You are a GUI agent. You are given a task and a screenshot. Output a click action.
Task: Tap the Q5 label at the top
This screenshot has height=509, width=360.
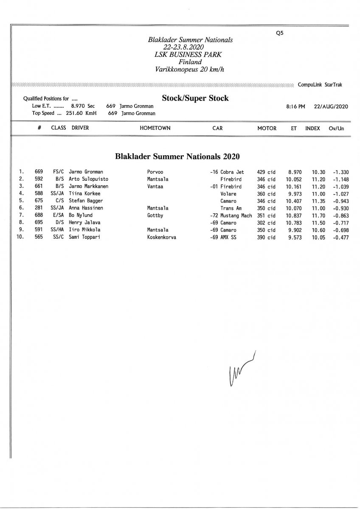point(279,33)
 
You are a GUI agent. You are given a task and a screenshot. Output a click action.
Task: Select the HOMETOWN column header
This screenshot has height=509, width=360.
point(155,128)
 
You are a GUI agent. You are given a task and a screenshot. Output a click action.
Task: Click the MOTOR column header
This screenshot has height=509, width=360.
point(267,128)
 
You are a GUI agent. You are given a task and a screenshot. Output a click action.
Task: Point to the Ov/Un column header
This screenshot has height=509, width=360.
point(336,128)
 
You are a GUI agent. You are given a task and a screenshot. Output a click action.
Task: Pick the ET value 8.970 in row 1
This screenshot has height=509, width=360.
point(295,172)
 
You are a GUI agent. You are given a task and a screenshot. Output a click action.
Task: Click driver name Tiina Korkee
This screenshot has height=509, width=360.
point(84,193)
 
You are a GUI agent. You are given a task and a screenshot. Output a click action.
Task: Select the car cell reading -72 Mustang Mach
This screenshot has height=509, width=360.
point(231,215)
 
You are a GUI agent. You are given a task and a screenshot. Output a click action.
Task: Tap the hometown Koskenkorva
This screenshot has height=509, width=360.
point(161,238)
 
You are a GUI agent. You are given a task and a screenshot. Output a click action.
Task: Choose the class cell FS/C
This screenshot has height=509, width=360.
point(58,172)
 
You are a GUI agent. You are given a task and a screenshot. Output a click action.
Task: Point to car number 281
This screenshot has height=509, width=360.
point(39,208)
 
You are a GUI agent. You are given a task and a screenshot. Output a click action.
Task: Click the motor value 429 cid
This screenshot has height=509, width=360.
point(266,172)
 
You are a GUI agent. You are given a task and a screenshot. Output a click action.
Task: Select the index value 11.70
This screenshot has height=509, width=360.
point(318,215)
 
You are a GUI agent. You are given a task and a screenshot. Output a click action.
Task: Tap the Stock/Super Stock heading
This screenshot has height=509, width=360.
point(195,98)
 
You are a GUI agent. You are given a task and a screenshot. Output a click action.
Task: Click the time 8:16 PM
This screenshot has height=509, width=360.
point(295,106)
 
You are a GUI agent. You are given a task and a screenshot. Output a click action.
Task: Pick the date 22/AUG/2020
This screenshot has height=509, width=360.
point(331,106)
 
